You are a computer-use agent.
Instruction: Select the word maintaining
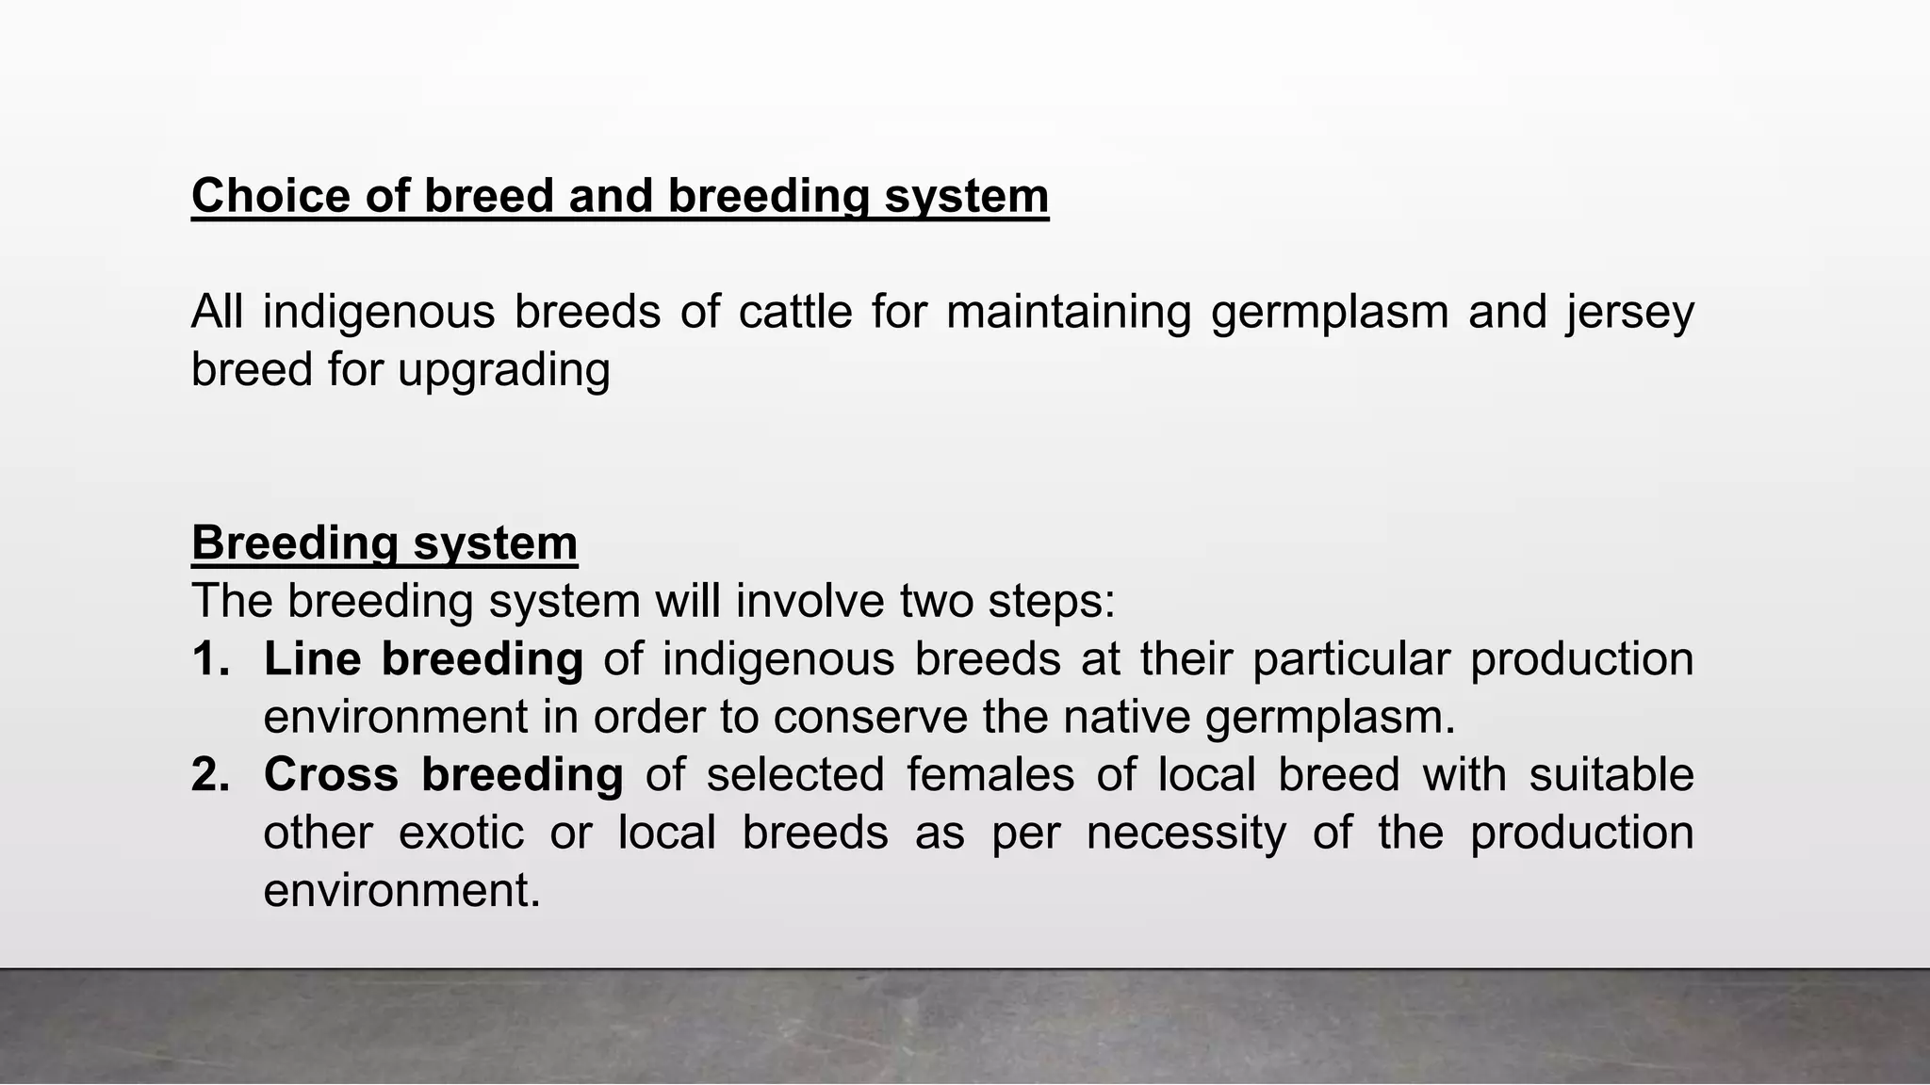pyautogui.click(x=1069, y=312)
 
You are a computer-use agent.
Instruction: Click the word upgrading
pyautogui.click(x=504, y=369)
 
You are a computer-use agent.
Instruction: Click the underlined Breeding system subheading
pyautogui.click(x=384, y=543)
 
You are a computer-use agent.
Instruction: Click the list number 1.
pyautogui.click(x=210, y=659)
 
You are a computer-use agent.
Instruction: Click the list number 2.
pyautogui.click(x=210, y=775)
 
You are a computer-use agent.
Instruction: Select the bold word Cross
pyautogui.click(x=331, y=775)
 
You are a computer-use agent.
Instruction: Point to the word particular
pyautogui.click(x=1350, y=659)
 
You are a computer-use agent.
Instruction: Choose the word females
pyautogui.click(x=990, y=775)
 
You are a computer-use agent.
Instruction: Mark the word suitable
pyautogui.click(x=1611, y=775)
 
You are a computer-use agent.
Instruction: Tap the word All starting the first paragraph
pyautogui.click(x=217, y=312)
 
